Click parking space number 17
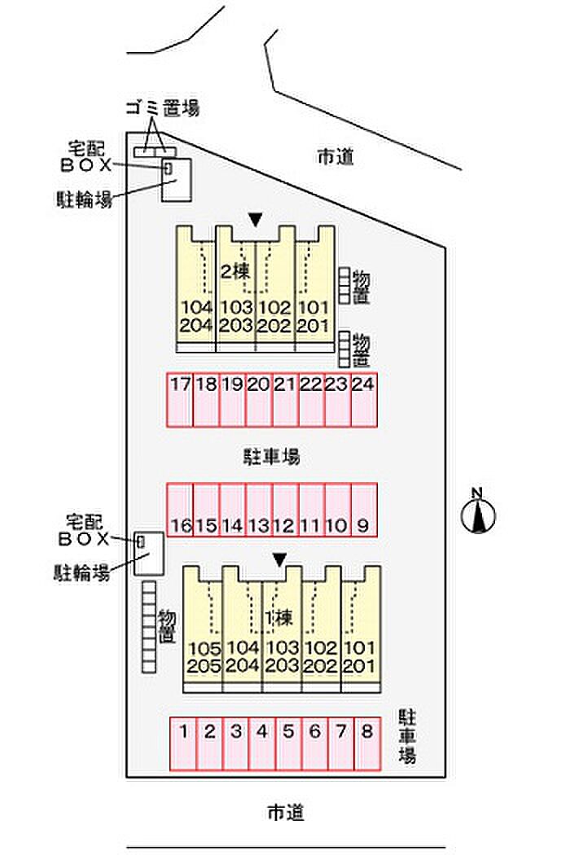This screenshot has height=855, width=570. point(180,399)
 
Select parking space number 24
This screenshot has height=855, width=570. point(363,399)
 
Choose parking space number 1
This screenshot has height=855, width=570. point(184,743)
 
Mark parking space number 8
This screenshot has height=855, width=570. point(367,743)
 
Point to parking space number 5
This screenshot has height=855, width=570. point(288,743)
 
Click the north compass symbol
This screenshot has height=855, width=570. point(479,514)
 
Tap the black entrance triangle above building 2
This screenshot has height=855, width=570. point(256,219)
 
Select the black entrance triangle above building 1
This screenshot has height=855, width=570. point(279,559)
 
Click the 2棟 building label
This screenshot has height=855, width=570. point(235,271)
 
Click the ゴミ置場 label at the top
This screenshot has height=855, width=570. point(162,107)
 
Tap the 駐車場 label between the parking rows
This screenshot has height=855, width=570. point(272,456)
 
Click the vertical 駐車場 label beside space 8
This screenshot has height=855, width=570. point(407,736)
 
